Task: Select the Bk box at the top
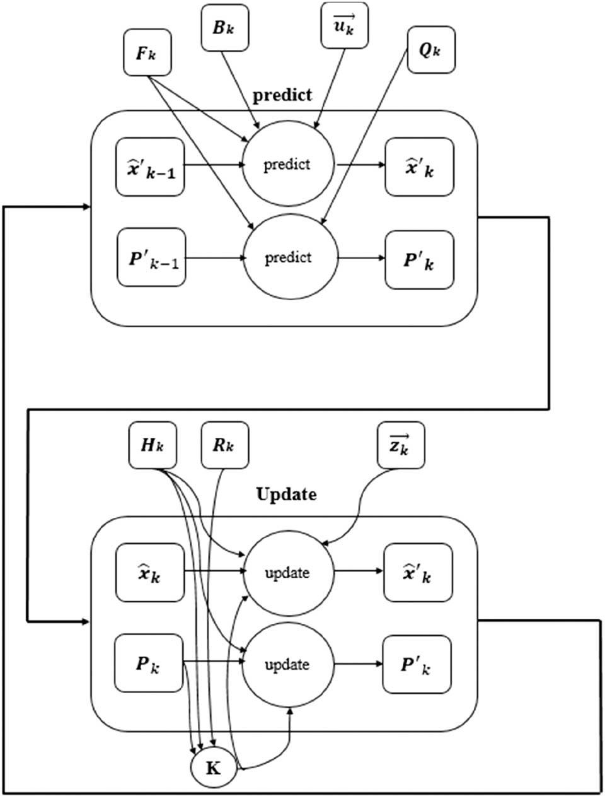pos(224,27)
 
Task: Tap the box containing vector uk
pos(344,25)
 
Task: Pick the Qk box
pos(430,50)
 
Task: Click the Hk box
pos(152,445)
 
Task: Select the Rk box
pos(224,445)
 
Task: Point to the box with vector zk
pos(400,445)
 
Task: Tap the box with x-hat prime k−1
pos(150,167)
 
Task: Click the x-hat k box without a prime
pos(149,573)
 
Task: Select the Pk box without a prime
pos(147,664)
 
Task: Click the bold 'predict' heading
pos(282,95)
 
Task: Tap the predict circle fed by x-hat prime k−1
pos(287,165)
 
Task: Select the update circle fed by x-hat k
pos(287,573)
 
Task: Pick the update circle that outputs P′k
pos(287,664)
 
